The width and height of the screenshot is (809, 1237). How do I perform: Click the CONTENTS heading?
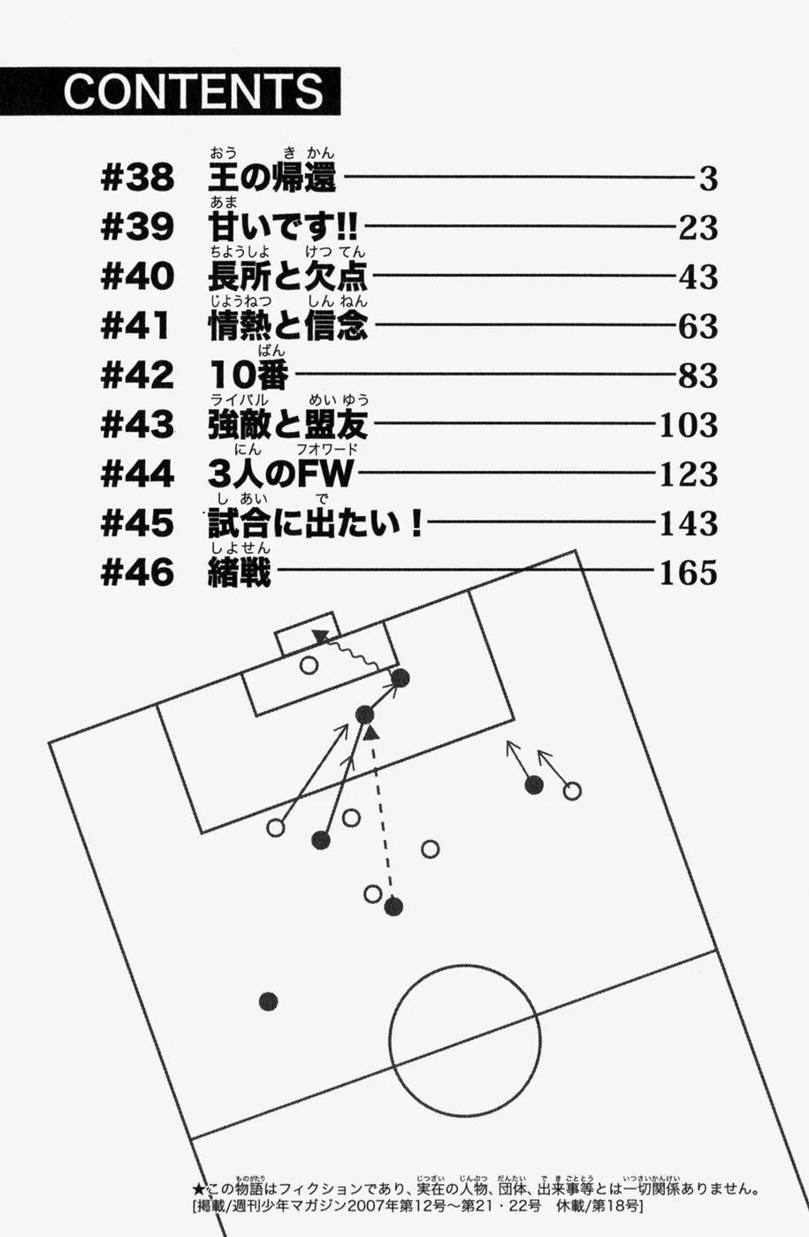pyautogui.click(x=193, y=91)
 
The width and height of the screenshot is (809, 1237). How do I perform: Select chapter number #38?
pyautogui.click(x=138, y=179)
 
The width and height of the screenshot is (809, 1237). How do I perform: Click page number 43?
pyautogui.click(x=698, y=278)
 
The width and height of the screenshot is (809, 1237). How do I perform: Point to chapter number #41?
pyautogui.click(x=138, y=327)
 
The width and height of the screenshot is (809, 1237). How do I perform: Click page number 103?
pyautogui.click(x=689, y=426)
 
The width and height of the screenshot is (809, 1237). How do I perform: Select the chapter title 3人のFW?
pyautogui.click(x=279, y=474)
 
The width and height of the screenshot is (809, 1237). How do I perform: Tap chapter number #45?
pyautogui.click(x=138, y=524)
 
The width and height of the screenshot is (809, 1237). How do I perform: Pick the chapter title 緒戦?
pyautogui.click(x=237, y=573)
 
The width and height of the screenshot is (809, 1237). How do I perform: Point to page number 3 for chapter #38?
pyautogui.click(x=707, y=180)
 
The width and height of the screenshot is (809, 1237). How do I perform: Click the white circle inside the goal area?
pyautogui.click(x=309, y=665)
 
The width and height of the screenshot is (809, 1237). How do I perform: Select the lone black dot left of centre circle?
pyautogui.click(x=269, y=1001)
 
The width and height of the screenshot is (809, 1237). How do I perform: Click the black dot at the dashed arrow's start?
pyautogui.click(x=394, y=906)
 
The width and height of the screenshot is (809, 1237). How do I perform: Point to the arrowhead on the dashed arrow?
pyautogui.click(x=372, y=732)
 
